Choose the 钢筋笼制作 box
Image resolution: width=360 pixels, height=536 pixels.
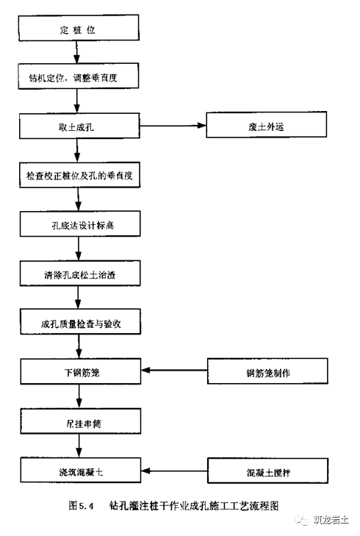(x=265, y=371)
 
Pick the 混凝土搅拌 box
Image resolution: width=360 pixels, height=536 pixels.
(x=265, y=468)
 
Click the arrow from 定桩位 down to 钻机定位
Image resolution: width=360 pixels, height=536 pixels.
(x=76, y=53)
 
